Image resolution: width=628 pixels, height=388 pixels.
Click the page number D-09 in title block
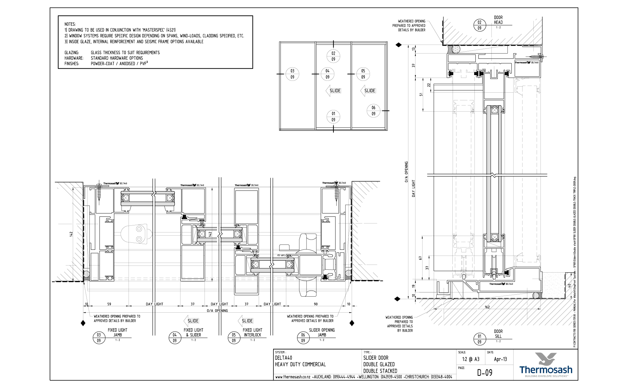tap(484, 373)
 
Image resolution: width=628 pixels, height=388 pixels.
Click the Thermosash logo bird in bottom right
tap(546, 359)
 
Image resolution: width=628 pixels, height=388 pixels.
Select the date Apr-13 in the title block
tap(500, 359)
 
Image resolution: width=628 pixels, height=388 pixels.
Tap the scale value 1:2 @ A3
tap(471, 359)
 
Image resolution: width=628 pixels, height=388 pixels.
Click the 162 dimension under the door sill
tap(487, 307)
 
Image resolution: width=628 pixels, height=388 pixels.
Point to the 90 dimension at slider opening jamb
tap(316, 304)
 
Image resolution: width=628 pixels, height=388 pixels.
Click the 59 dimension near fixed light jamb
tap(109, 304)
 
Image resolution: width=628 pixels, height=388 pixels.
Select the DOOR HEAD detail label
tap(498, 20)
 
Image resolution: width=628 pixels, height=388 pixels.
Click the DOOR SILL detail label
tap(498, 334)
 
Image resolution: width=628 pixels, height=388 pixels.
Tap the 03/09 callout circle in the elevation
tap(292, 74)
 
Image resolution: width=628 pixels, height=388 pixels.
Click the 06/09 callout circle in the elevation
tap(373, 111)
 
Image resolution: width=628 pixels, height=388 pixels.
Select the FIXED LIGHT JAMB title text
tap(117, 332)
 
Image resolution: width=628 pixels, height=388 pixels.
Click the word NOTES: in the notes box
tap(70, 24)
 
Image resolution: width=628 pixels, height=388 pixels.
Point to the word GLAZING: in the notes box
tap(71, 53)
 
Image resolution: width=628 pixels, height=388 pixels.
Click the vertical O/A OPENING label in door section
tap(406, 172)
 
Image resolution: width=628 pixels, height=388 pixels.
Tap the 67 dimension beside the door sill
tap(420, 258)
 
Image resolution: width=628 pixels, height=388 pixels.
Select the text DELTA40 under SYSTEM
tap(283, 358)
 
